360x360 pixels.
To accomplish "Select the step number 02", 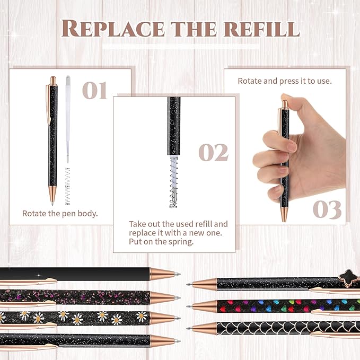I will pos(213,152).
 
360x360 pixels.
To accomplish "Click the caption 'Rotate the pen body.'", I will pos(60,213).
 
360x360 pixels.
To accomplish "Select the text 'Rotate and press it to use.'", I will pos(284,81).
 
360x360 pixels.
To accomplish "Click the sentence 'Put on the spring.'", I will pos(162,241).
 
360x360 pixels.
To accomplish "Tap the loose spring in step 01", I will pos(67,186).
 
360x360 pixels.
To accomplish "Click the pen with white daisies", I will pos(80,318).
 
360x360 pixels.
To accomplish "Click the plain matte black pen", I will pos(80,274).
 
